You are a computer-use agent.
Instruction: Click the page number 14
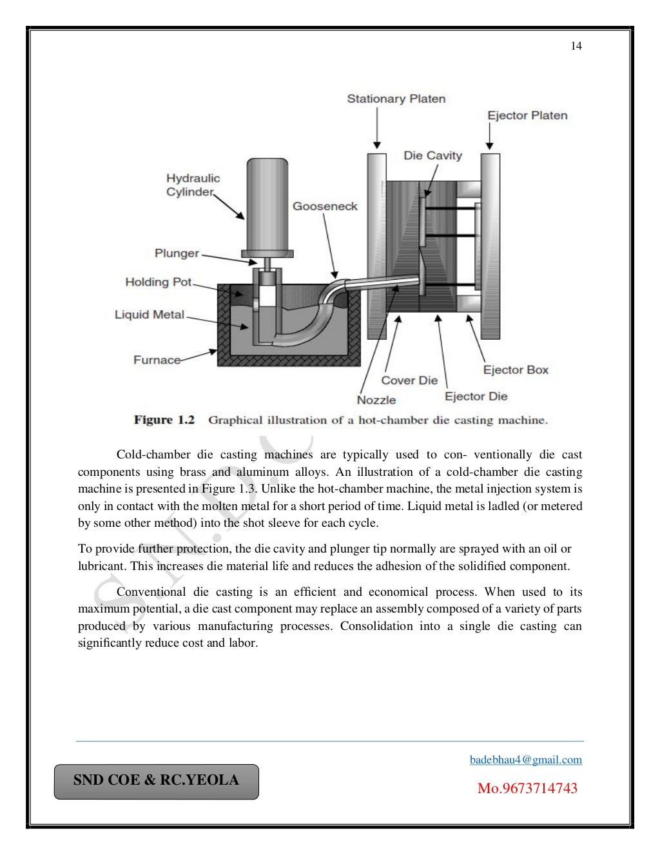576,46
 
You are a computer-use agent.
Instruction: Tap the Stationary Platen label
396,99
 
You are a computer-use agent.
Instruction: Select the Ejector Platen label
527,115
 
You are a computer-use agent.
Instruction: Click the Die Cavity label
432,155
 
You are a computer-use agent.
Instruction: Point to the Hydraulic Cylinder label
193,185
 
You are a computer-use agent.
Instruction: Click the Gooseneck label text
325,206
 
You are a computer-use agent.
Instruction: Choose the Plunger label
177,253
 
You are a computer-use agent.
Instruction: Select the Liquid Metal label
150,315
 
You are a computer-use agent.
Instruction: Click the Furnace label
157,360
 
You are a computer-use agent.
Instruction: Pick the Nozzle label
376,400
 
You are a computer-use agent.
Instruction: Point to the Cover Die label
409,380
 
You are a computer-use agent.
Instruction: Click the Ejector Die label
476,396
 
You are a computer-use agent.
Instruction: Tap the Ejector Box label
516,369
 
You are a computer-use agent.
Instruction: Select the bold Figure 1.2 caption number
164,420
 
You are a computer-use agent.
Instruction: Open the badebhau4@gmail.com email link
526,760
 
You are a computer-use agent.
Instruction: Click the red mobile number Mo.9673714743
527,788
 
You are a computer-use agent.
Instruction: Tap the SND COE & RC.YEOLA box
156,781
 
